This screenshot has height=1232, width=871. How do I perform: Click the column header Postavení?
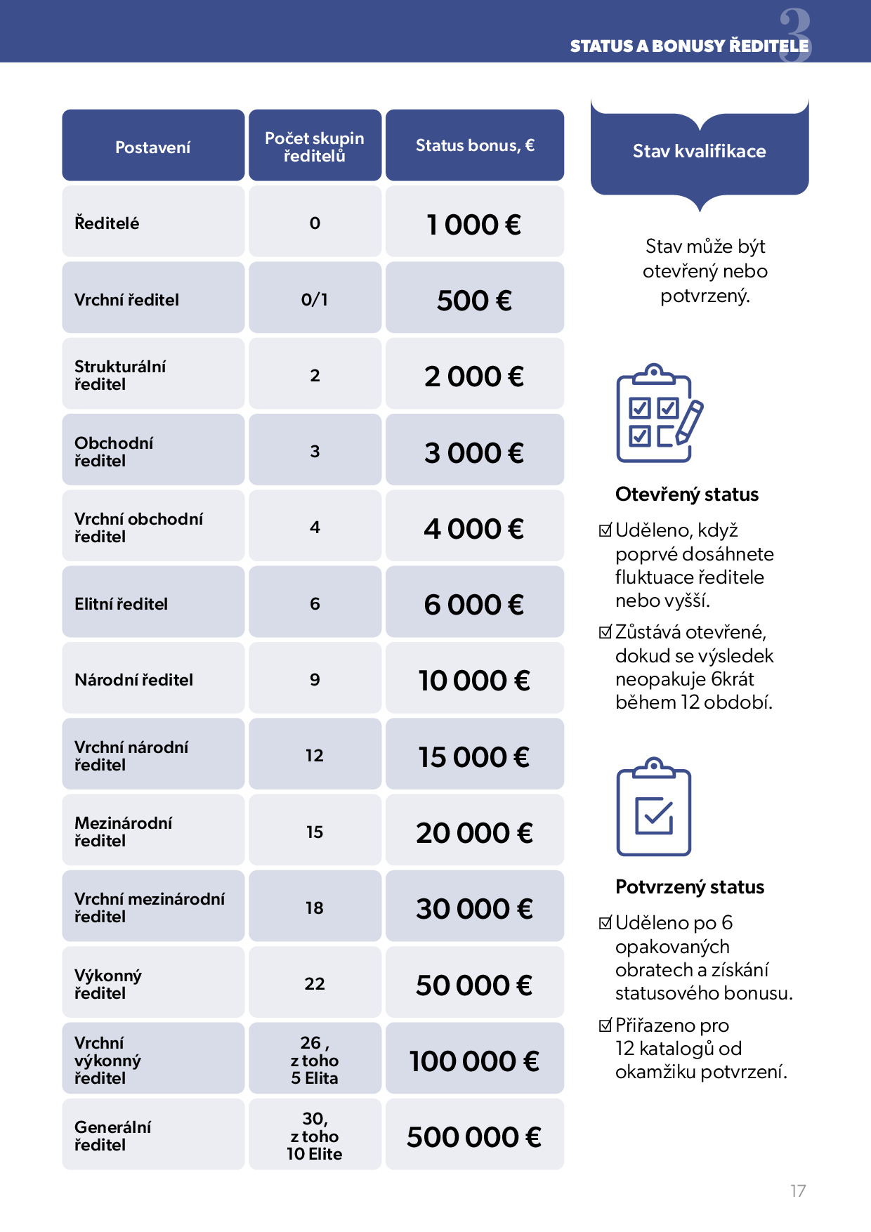pyautogui.click(x=153, y=148)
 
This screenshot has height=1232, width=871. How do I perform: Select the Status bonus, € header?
pyautogui.click(x=475, y=145)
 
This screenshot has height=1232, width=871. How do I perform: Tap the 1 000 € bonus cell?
pyautogui.click(x=474, y=225)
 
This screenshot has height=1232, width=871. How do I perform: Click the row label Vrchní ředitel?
pyautogui.click(x=127, y=300)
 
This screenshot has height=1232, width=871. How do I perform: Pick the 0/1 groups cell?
pyautogui.click(x=315, y=300)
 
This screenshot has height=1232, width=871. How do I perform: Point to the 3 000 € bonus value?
pyautogui.click(x=474, y=453)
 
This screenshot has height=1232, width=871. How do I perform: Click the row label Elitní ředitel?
pyautogui.click(x=122, y=604)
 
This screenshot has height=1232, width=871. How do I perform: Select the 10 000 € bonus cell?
pyautogui.click(x=474, y=681)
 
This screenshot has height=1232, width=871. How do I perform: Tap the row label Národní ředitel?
pyautogui.click(x=134, y=680)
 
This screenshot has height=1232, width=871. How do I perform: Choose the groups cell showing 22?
pyautogui.click(x=315, y=984)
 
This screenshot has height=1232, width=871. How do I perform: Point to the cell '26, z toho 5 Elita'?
pyautogui.click(x=315, y=1061)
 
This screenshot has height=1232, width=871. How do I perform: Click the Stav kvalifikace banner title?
pyautogui.click(x=700, y=151)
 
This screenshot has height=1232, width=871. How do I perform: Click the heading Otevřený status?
pyautogui.click(x=687, y=494)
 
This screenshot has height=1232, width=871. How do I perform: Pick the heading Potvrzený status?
pyautogui.click(x=690, y=887)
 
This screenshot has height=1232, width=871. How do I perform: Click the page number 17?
pyautogui.click(x=798, y=1191)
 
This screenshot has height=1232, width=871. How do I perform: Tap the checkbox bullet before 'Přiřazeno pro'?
pyautogui.click(x=605, y=1026)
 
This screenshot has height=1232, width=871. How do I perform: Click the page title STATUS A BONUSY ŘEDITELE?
pyautogui.click(x=689, y=46)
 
